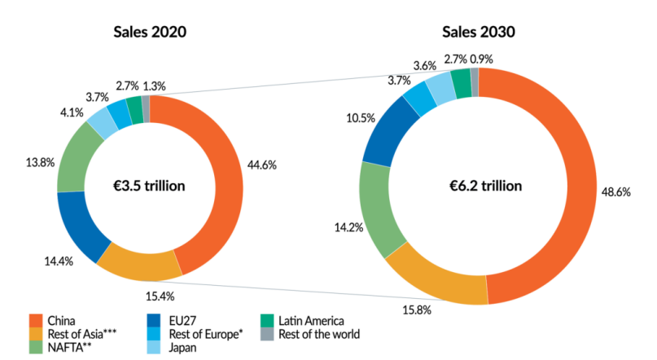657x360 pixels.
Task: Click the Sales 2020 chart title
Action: [x=150, y=33]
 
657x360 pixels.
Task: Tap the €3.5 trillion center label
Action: [x=150, y=186]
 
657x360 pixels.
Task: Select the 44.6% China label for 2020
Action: [x=263, y=165]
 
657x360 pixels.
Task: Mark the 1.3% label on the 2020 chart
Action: [x=155, y=85]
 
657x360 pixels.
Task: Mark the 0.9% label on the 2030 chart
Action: [x=482, y=59]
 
